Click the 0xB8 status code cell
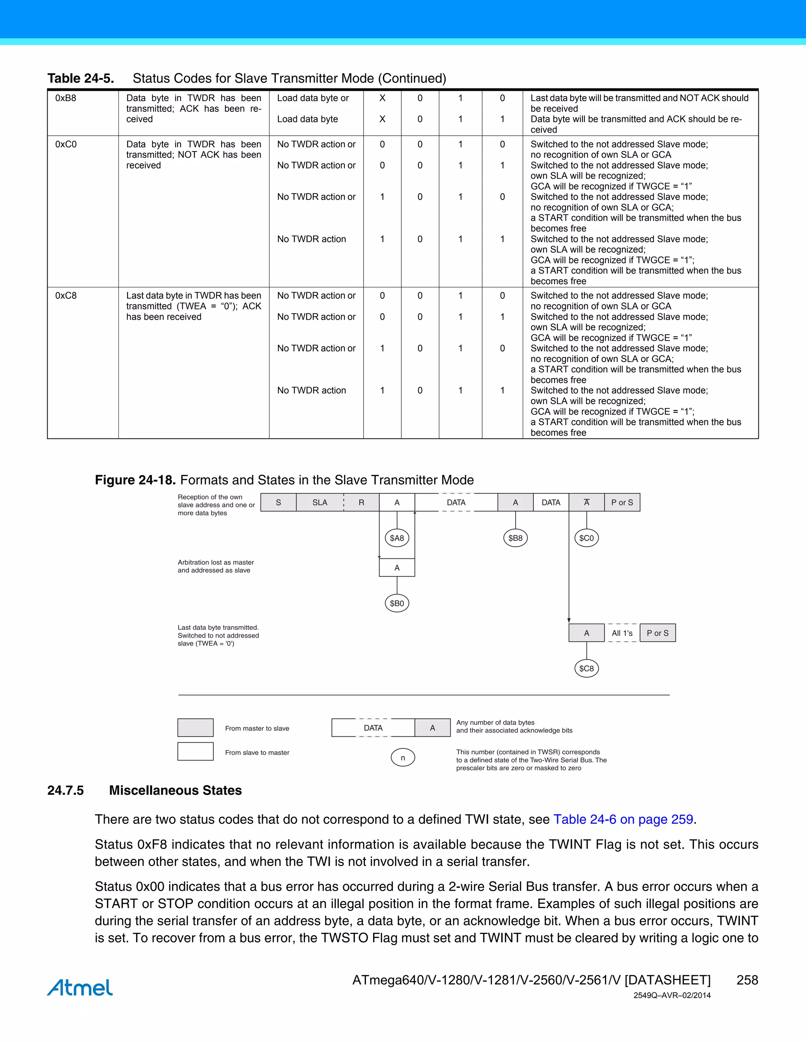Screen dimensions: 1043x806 click(x=66, y=98)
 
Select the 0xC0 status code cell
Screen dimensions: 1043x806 click(x=66, y=144)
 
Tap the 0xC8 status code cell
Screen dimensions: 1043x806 click(x=66, y=296)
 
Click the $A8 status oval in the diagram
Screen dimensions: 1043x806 click(x=397, y=538)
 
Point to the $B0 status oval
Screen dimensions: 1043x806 click(x=397, y=603)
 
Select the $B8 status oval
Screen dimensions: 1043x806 click(x=515, y=538)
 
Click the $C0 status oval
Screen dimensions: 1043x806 click(x=586, y=538)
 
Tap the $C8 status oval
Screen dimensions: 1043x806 click(x=586, y=668)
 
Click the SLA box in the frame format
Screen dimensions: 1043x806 click(x=320, y=502)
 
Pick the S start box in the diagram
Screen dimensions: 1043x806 click(x=278, y=502)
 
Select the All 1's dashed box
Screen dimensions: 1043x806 click(x=622, y=633)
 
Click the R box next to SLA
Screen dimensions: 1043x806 click(x=361, y=502)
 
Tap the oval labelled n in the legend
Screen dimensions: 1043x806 click(x=403, y=757)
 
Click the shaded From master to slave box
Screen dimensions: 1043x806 click(x=195, y=728)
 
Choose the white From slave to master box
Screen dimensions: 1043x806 click(x=195, y=751)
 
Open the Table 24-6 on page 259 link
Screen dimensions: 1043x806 click(x=623, y=819)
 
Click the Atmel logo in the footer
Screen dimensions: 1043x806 click(x=80, y=988)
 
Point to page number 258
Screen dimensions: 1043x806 click(x=747, y=980)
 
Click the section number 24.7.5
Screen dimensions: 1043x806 click(x=65, y=790)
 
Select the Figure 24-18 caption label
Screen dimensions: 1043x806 click(x=135, y=480)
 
